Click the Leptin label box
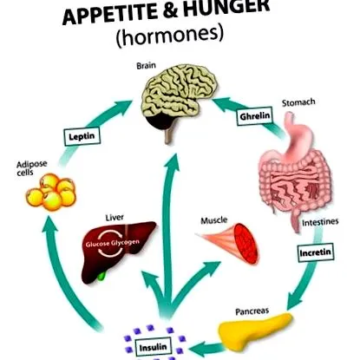tap(82, 136)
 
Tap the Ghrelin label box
tap(255, 116)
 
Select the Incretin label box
tap(316, 252)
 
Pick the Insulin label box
tap(153, 347)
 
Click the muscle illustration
tap(232, 242)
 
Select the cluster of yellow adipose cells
tap(51, 192)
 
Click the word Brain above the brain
tap(146, 66)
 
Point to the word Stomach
tap(298, 102)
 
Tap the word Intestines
tap(320, 222)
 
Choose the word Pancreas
tap(252, 311)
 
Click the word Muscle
tap(214, 220)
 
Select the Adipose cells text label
tap(31, 168)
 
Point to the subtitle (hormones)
tap(170, 36)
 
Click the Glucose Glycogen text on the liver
tap(113, 244)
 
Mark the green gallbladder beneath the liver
tap(101, 276)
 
